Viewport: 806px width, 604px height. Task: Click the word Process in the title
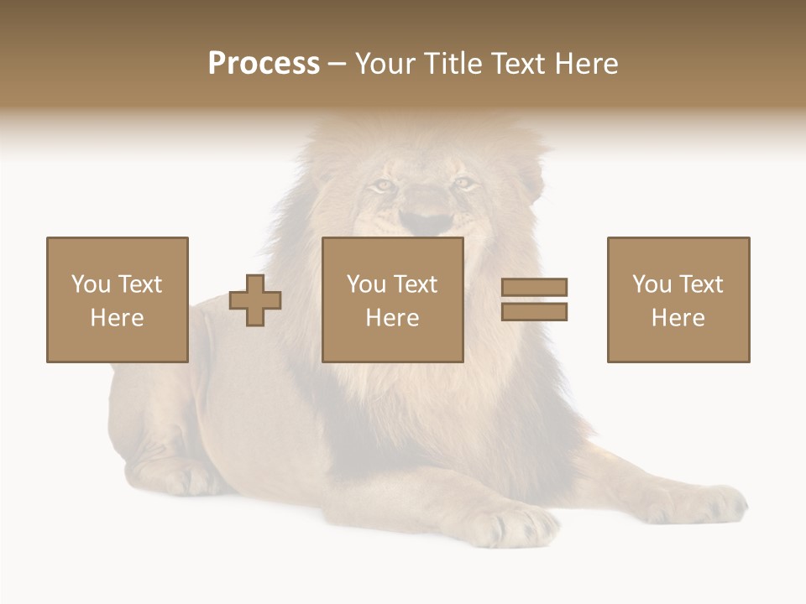[264, 64]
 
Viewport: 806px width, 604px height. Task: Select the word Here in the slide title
[584, 64]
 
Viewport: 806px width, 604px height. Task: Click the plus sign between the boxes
[255, 299]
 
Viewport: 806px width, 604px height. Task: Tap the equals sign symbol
[535, 299]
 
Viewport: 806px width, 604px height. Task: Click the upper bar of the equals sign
[535, 288]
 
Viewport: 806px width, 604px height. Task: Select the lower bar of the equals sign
[535, 312]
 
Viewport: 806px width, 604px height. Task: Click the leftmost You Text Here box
[118, 299]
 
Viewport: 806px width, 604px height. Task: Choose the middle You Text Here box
[393, 299]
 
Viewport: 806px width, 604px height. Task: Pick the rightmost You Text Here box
[678, 299]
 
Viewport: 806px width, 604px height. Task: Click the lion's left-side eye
[384, 185]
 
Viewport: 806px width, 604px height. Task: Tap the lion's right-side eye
[463, 182]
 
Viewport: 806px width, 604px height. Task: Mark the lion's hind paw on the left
[181, 478]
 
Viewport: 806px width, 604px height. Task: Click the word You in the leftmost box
[91, 284]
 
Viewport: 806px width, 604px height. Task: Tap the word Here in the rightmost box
[678, 318]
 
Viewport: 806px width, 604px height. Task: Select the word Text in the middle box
[416, 284]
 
